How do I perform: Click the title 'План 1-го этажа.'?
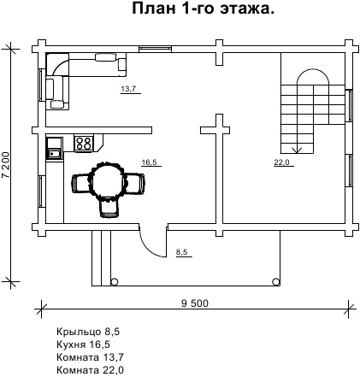click(204, 9)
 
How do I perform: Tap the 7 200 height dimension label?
click(6, 164)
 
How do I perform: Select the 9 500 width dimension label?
click(195, 303)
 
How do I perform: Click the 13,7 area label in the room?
click(128, 89)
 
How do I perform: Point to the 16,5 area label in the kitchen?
click(150, 162)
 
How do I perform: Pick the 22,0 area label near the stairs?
click(282, 162)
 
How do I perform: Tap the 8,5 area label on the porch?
click(182, 252)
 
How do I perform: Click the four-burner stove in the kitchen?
click(84, 143)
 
